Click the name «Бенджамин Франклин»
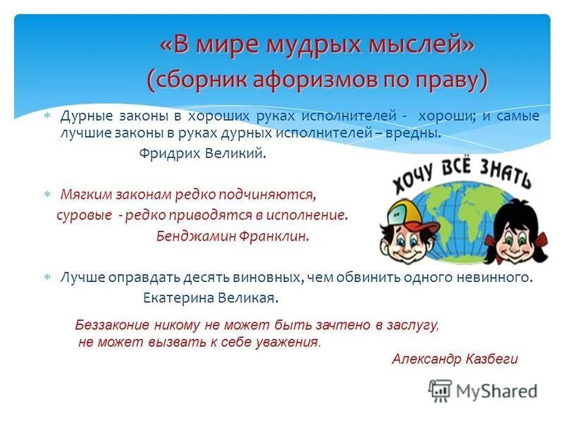[233, 237]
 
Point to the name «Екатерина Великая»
[211, 298]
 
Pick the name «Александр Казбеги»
[455, 359]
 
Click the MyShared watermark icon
[441, 391]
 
